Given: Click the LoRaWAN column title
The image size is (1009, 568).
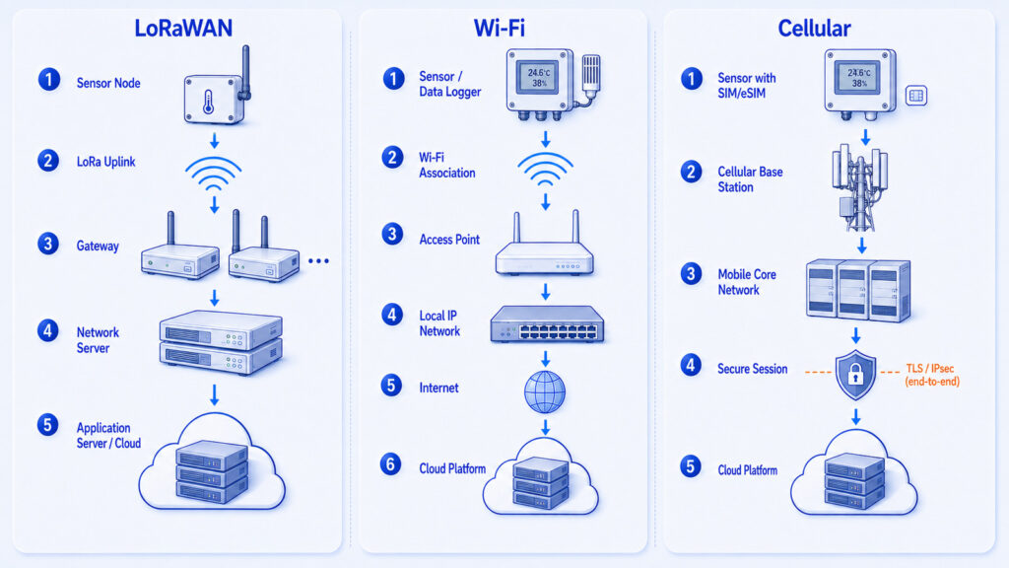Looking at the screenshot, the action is [183, 29].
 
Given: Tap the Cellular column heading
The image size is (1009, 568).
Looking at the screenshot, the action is [814, 29].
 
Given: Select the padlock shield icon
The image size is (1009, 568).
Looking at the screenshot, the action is [855, 375].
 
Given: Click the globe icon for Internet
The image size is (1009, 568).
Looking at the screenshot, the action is [544, 391].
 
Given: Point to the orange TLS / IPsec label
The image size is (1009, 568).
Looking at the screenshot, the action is [932, 375].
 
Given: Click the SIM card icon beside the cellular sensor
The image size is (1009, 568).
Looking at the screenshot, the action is [916, 96].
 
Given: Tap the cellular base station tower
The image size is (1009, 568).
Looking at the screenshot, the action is [859, 187].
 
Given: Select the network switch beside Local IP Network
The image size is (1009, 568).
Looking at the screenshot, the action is [547, 323].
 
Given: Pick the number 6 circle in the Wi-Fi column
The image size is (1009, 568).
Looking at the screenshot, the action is [390, 464].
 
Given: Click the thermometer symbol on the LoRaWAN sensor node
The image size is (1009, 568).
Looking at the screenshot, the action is [209, 102].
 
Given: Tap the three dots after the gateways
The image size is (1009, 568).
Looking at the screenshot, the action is [318, 260].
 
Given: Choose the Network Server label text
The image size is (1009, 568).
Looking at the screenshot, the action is [98, 340].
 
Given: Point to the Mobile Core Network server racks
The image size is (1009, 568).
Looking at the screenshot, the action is [858, 290].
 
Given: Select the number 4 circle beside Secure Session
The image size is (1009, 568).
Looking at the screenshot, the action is [691, 365].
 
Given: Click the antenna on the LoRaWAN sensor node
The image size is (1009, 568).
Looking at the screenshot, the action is [245, 72].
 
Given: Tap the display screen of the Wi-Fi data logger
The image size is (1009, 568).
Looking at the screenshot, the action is [538, 79].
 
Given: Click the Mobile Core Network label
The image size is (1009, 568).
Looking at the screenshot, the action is [747, 282].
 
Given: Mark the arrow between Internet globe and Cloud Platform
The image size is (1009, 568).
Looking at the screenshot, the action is [545, 427].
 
